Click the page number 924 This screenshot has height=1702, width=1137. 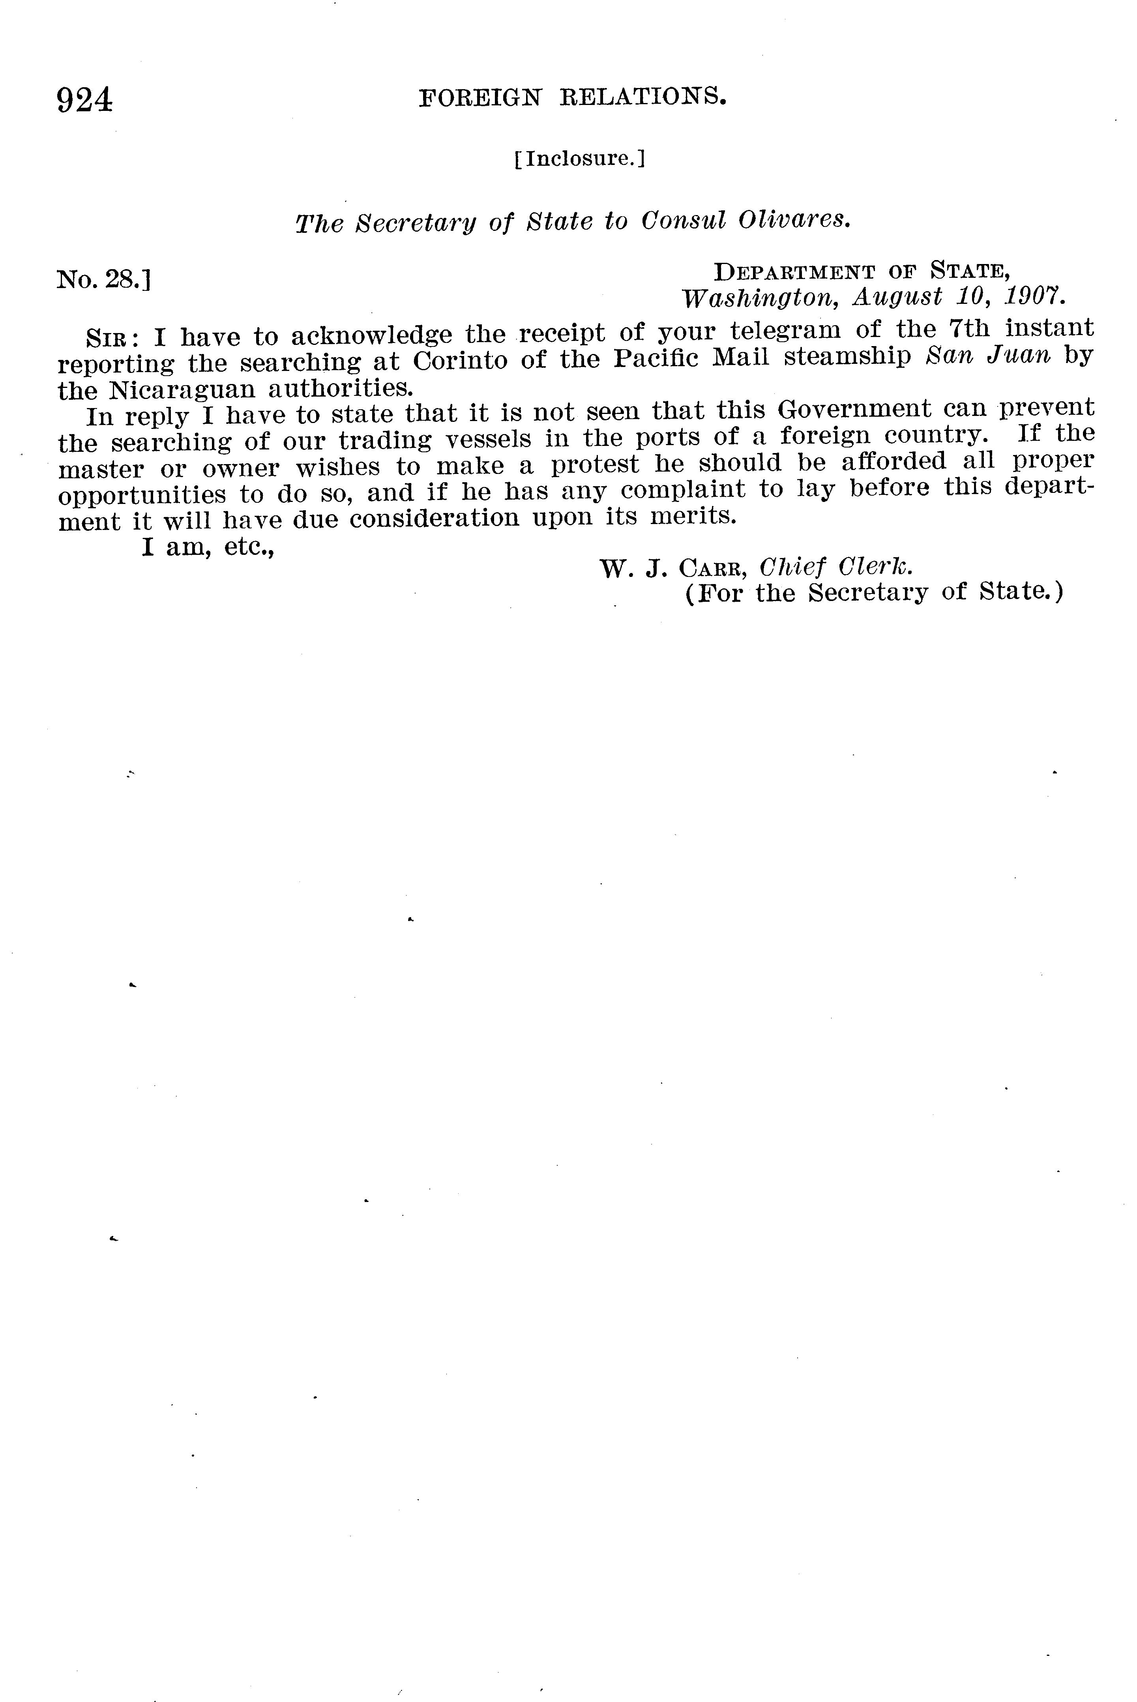[x=85, y=100]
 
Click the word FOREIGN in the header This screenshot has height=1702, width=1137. [x=480, y=97]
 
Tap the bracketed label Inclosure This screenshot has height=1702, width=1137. [x=579, y=158]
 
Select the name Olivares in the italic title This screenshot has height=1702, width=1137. [x=793, y=220]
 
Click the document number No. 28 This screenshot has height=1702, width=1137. [x=103, y=279]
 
